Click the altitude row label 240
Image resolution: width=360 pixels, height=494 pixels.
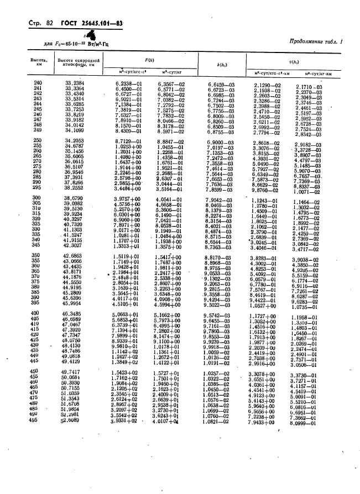[x=38, y=82]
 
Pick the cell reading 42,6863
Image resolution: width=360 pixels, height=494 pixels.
[x=74, y=256]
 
